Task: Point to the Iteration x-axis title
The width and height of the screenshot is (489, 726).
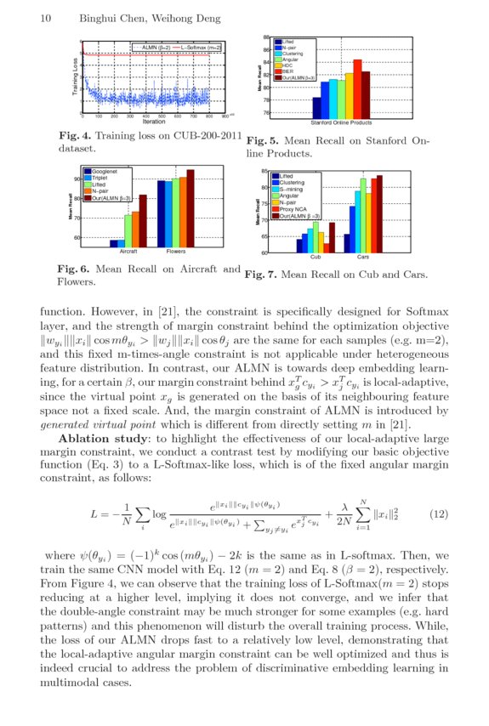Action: [x=154, y=122]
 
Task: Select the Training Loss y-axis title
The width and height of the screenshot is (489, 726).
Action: [x=75, y=77]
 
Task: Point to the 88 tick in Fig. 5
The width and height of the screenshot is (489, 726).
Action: [x=266, y=38]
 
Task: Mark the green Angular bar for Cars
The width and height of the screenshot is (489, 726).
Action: [x=363, y=216]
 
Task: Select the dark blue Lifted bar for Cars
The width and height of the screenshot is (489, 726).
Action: [x=347, y=242]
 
